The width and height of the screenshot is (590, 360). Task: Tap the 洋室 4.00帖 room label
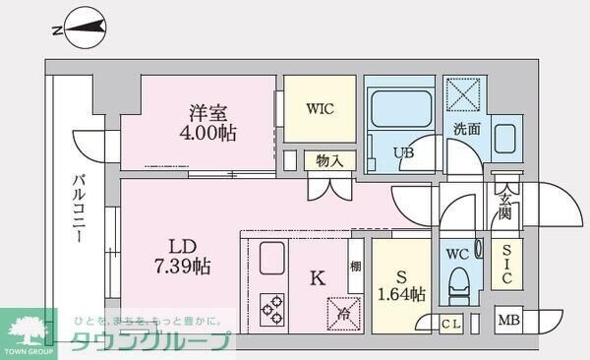coord(200,120)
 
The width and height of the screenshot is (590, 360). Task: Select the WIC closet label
coord(320,108)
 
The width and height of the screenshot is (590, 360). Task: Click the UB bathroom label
coord(403,152)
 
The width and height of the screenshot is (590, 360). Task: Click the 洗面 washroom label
coord(466,129)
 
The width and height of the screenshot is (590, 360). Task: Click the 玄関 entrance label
coord(504,208)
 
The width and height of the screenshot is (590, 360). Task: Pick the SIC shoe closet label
coord(506,265)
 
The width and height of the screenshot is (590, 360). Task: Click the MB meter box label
coord(507,320)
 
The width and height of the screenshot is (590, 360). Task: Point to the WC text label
coord(457,254)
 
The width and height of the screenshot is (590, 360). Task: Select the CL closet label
coord(451,322)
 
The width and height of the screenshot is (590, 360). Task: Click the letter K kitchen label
coord(317,278)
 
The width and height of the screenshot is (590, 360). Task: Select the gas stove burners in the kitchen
coord(272,308)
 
